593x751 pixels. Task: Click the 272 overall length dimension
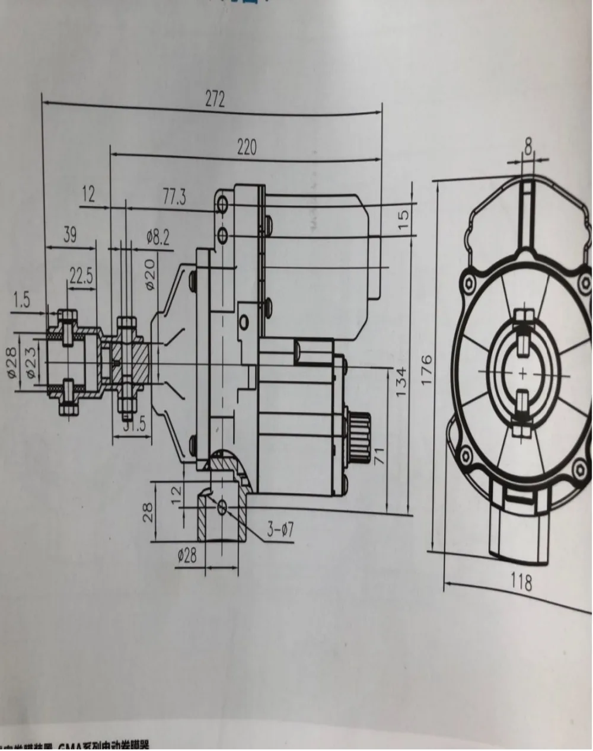coord(215,100)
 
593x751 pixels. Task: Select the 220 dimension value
coord(247,146)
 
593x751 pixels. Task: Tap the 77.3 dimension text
coord(174,198)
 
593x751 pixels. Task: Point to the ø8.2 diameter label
coord(158,238)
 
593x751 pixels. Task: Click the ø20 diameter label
coord(150,273)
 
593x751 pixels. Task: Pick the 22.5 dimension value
coord(81,276)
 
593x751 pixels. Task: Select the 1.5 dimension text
coord(22,300)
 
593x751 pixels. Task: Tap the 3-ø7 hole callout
coord(280,529)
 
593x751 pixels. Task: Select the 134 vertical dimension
coord(401,382)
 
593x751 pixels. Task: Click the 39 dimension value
coord(69,235)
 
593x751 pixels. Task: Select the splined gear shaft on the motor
coord(359,439)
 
